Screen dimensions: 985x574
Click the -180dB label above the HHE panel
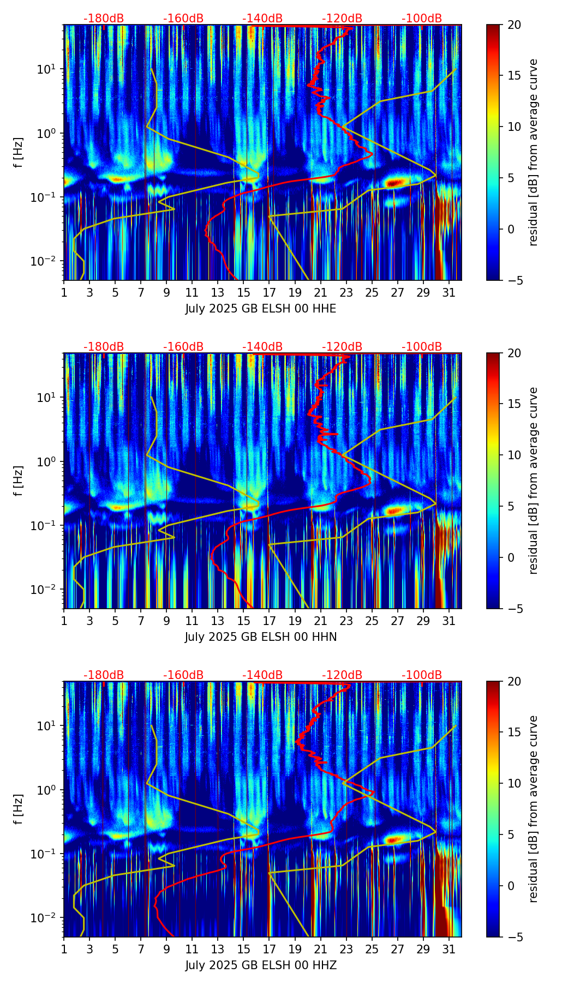tap(104, 19)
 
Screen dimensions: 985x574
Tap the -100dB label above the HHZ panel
tap(422, 675)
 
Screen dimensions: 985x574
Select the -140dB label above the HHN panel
tap(262, 347)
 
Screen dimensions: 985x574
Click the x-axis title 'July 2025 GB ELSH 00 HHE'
tap(261, 309)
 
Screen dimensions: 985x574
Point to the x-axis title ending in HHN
tap(261, 637)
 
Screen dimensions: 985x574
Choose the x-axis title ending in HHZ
tap(261, 965)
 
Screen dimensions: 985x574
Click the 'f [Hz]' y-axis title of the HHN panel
tap(19, 481)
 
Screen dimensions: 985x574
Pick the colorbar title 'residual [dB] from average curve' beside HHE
tap(534, 152)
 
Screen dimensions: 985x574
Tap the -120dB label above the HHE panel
tap(342, 19)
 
